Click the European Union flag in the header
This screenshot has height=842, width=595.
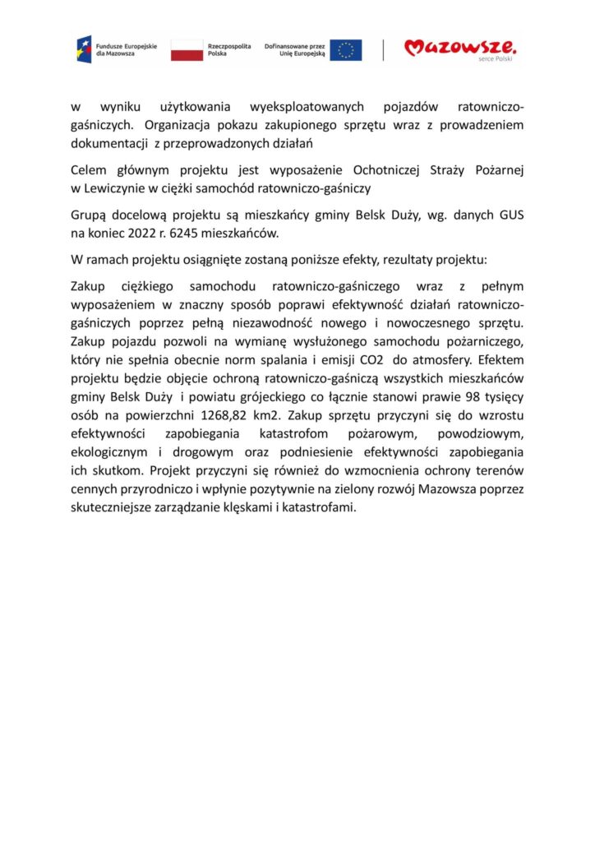coord(346,50)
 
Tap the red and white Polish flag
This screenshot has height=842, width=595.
coord(187,50)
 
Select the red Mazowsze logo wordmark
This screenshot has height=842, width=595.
coord(460,48)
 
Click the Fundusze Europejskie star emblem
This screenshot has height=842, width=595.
coord(84,49)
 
